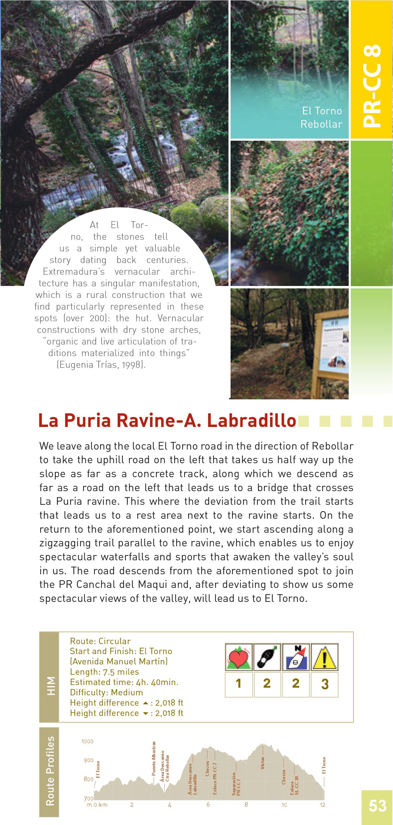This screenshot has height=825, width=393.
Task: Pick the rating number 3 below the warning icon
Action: (325, 684)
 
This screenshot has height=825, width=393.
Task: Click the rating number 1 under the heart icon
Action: (238, 683)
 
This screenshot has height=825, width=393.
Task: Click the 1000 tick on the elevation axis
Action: (87, 742)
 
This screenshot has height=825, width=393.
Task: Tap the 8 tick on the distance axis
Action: (246, 805)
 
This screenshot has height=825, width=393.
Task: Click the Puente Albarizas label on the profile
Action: (154, 758)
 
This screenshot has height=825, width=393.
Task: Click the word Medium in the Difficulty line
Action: (127, 693)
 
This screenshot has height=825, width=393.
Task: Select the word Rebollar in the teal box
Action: (321, 124)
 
